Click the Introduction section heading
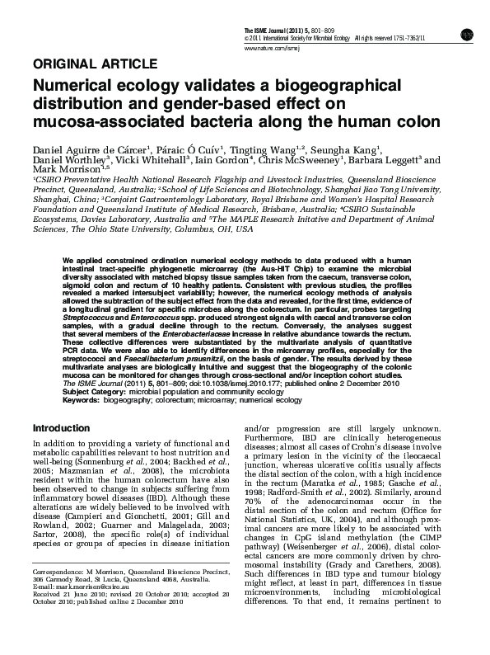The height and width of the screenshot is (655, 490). point(61,428)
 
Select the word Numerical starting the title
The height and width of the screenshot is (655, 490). point(72,87)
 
